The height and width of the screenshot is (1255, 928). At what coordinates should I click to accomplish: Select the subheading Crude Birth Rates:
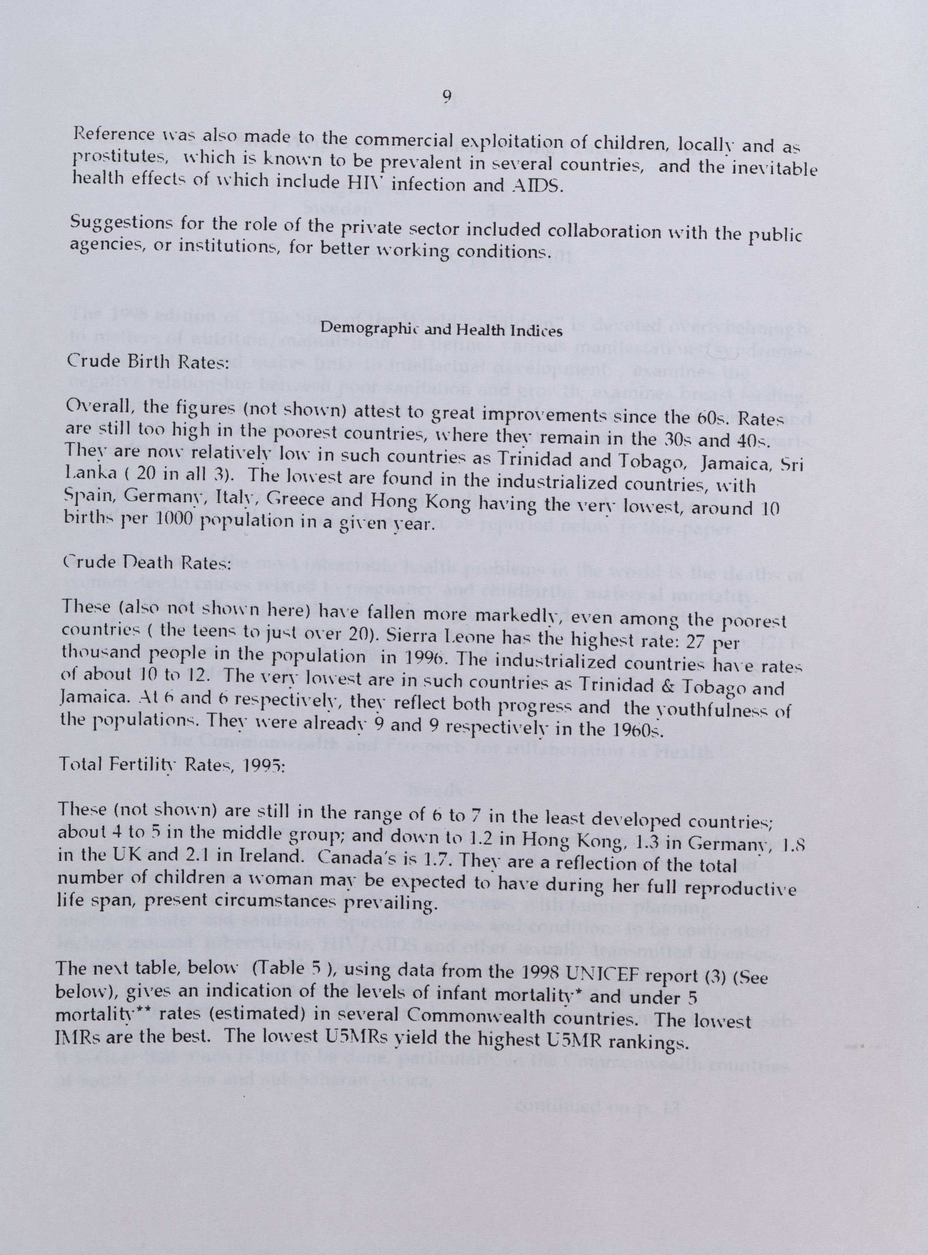click(x=147, y=361)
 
